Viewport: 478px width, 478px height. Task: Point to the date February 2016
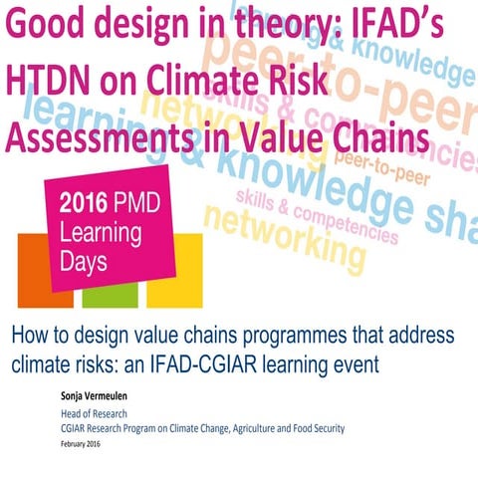[88, 443]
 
